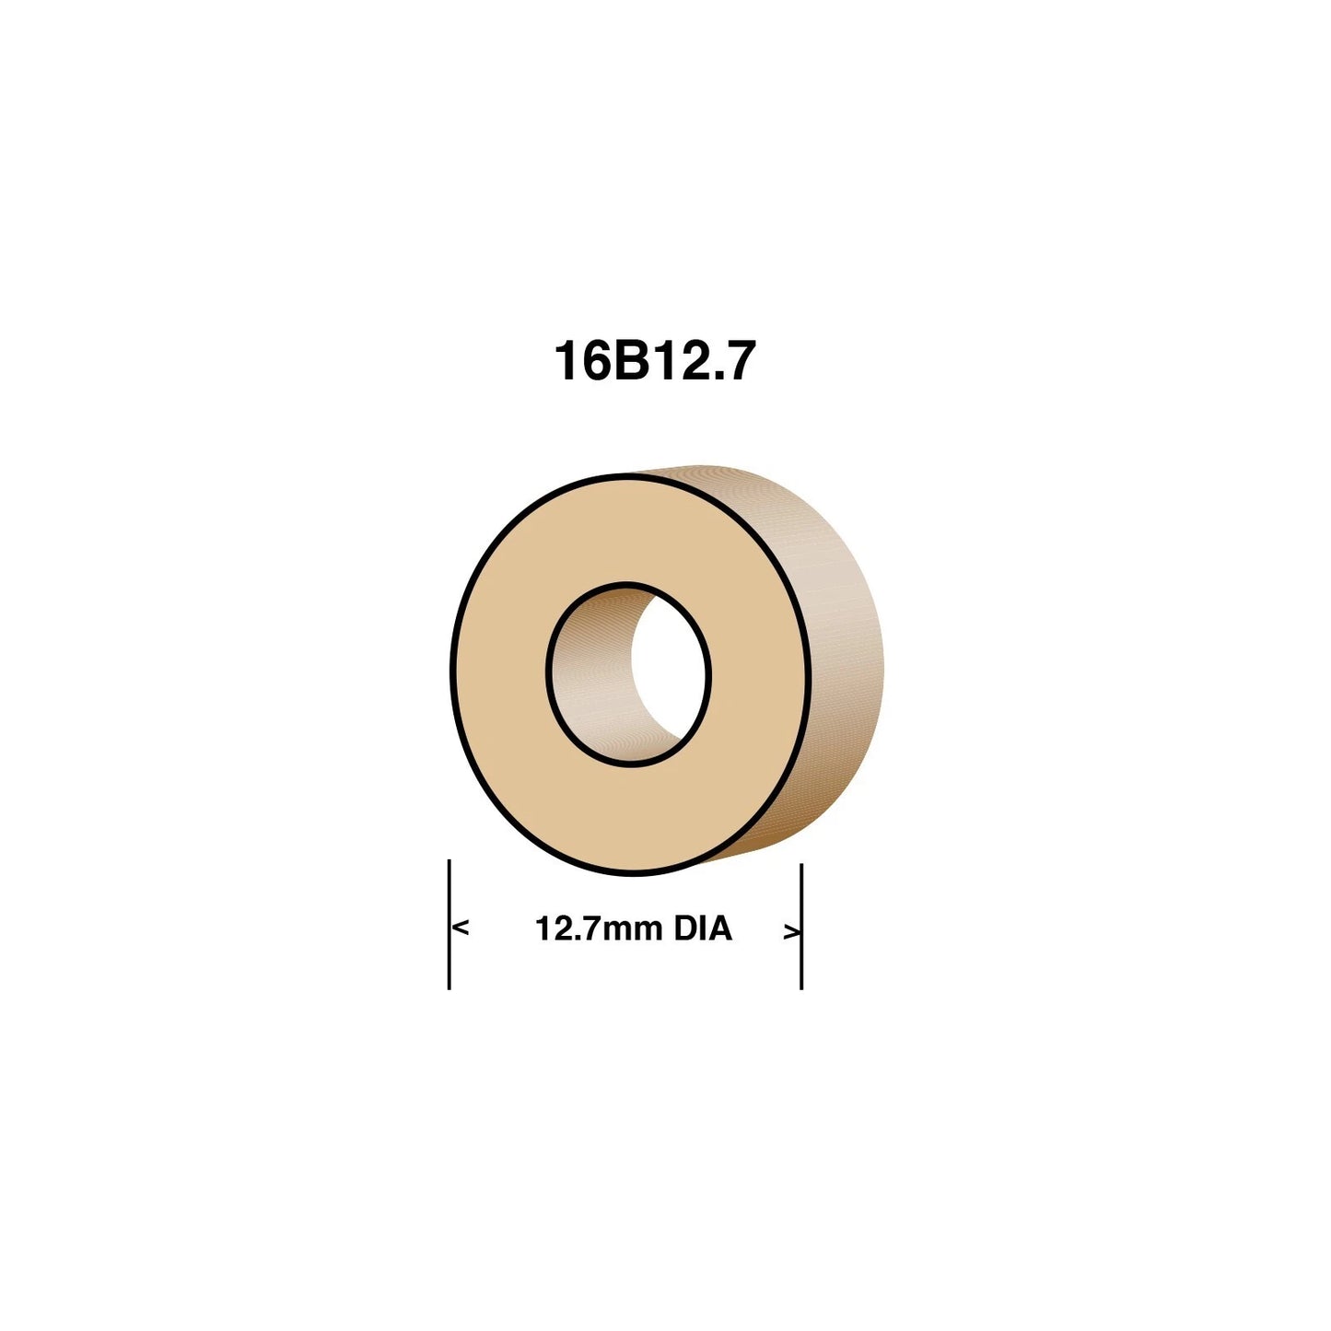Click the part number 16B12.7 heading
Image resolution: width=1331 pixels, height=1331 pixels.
coord(654,361)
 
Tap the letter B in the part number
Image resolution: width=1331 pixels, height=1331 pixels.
coord(626,361)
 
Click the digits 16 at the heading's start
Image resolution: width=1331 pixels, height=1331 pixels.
coord(580,361)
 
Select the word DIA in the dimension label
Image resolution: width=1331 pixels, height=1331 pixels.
coord(703,928)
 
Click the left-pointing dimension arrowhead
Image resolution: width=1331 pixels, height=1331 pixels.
coord(461,928)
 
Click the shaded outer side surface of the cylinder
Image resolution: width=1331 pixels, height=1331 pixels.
coord(843,663)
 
